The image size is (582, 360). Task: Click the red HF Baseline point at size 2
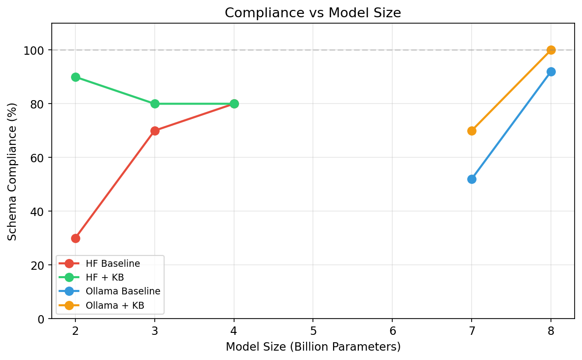click(x=75, y=238)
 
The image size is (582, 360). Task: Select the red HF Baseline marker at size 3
click(x=155, y=131)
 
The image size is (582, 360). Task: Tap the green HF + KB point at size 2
click(x=75, y=77)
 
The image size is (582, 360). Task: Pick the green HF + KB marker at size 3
click(x=155, y=104)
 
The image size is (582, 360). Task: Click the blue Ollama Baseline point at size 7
click(x=472, y=179)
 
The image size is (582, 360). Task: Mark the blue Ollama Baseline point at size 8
click(x=551, y=72)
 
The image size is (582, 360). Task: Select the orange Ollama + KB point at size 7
click(x=472, y=131)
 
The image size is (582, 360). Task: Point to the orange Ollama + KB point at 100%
click(x=551, y=50)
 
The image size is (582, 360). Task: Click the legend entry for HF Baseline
click(x=113, y=264)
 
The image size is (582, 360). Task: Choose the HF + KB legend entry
click(x=104, y=278)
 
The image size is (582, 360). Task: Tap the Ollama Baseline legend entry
click(x=123, y=291)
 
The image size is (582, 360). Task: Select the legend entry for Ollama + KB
click(x=115, y=305)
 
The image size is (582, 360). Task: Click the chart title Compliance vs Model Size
click(x=313, y=13)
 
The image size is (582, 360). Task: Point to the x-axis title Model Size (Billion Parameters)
click(x=313, y=347)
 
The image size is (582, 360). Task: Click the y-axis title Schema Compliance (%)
click(x=12, y=171)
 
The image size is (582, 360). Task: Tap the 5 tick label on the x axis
click(x=313, y=330)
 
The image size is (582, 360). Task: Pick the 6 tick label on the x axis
click(x=392, y=330)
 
